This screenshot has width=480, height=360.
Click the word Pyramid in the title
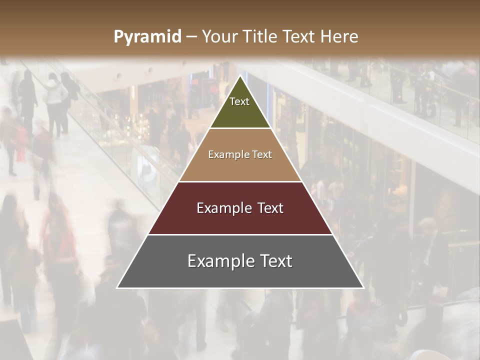(147, 37)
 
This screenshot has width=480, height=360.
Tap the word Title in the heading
(261, 36)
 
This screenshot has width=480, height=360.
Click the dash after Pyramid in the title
(191, 37)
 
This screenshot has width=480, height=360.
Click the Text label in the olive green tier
(239, 101)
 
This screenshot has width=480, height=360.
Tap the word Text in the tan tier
(262, 155)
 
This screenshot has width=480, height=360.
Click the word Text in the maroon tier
(270, 208)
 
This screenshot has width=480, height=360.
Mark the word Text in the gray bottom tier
(276, 261)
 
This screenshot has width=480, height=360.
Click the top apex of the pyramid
(240, 76)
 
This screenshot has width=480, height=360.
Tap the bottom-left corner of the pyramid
(117, 287)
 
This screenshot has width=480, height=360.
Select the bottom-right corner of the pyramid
(363, 287)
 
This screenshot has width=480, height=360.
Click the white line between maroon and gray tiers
(240, 234)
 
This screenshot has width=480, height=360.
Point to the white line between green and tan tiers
(240, 128)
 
